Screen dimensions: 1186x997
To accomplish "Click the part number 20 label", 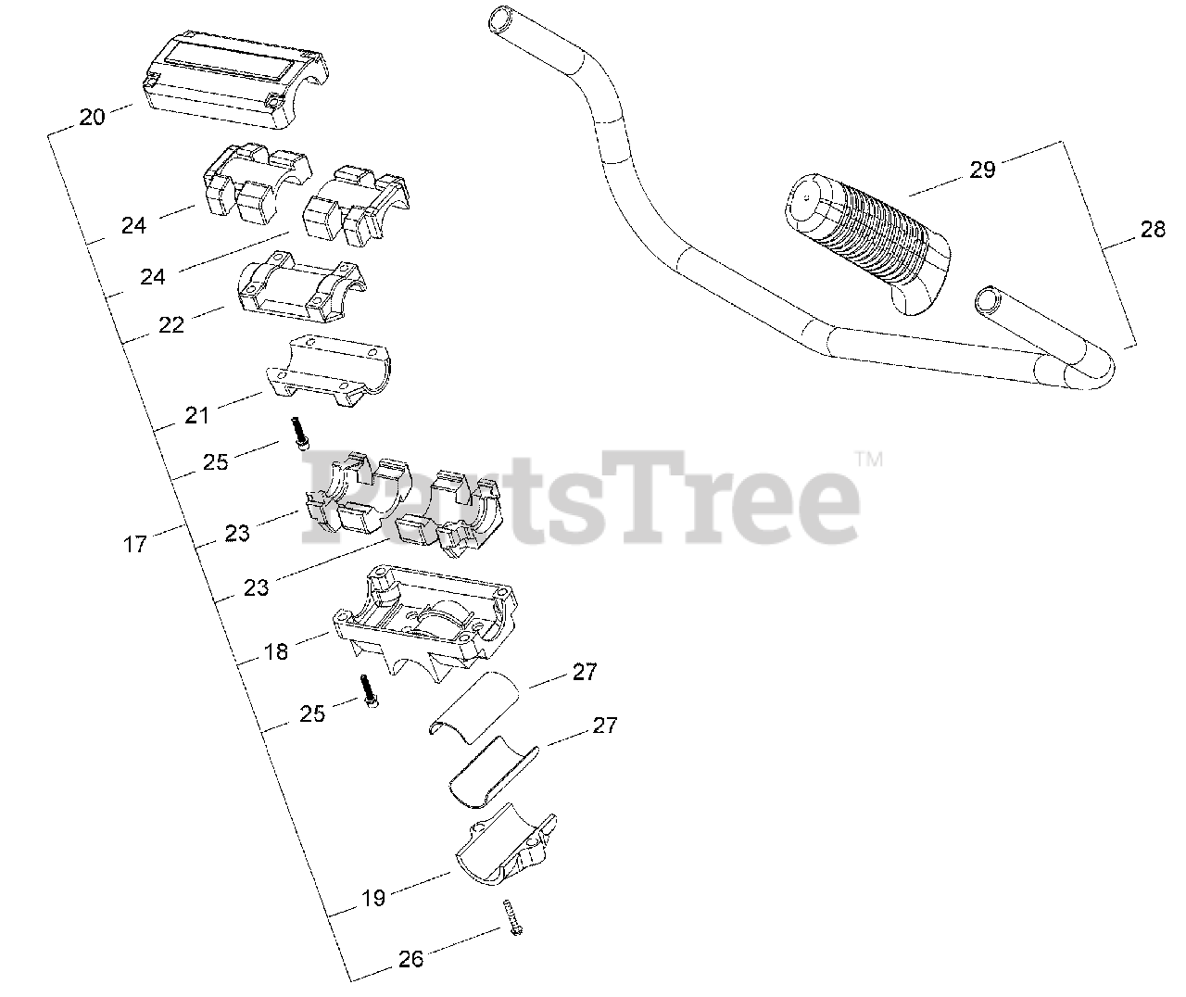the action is (x=92, y=118).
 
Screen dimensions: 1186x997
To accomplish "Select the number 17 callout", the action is (x=135, y=544).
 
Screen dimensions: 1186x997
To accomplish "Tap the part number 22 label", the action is (x=171, y=324).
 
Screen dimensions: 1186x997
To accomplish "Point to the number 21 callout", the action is (x=196, y=415).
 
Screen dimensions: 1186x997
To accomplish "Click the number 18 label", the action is (x=276, y=651).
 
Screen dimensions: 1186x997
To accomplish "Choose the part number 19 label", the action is (x=373, y=898).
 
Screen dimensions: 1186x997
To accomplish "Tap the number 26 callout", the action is (x=410, y=959).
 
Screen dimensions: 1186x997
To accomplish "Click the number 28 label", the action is (x=1153, y=230).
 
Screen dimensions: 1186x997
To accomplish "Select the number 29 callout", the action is (x=982, y=169).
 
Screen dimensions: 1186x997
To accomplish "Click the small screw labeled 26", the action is (x=511, y=916).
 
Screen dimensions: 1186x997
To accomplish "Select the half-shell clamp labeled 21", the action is (x=329, y=370).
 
